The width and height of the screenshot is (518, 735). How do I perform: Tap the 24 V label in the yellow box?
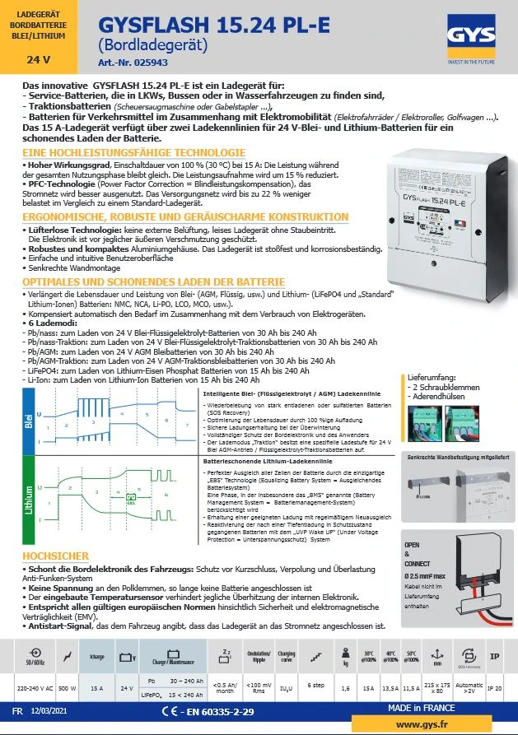(x=39, y=60)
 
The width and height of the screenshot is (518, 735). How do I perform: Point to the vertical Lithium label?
(x=30, y=499)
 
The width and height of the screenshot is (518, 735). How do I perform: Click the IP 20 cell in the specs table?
(x=494, y=686)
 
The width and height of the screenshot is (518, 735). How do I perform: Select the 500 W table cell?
(x=68, y=686)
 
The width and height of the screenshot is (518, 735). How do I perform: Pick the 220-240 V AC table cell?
(x=35, y=686)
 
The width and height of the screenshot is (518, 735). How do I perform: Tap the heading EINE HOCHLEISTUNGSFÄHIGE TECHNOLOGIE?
(x=134, y=153)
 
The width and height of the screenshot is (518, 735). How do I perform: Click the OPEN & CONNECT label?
(x=413, y=553)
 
